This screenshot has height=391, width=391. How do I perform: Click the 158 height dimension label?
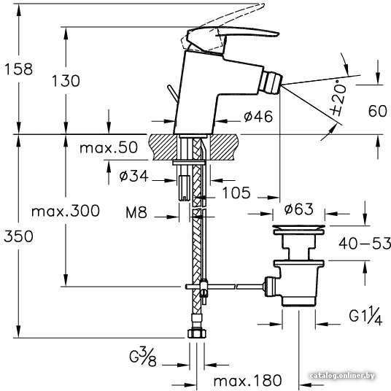click(19, 69)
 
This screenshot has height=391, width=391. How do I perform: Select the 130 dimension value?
click(66, 81)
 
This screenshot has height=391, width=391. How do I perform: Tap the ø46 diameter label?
click(258, 116)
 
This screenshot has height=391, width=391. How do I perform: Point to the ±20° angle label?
click(339, 98)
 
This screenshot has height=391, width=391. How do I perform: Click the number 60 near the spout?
click(378, 111)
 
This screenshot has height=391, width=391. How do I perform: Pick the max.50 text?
click(109, 147)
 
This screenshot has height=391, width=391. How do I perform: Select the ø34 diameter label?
click(133, 176)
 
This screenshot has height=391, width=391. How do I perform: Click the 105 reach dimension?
click(236, 193)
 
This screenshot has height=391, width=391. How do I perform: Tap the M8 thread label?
click(136, 213)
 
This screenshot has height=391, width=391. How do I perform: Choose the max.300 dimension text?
click(66, 211)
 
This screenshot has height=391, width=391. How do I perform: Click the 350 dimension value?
click(18, 236)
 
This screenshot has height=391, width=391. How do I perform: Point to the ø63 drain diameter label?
click(298, 209)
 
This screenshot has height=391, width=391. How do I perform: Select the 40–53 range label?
click(365, 243)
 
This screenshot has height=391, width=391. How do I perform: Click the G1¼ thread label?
click(365, 316)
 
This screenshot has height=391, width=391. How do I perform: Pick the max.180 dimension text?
click(247, 380)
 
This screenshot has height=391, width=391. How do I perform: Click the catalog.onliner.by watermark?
click(342, 375)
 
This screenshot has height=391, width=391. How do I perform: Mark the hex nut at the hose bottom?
click(197, 333)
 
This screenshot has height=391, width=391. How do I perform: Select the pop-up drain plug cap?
click(298, 228)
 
